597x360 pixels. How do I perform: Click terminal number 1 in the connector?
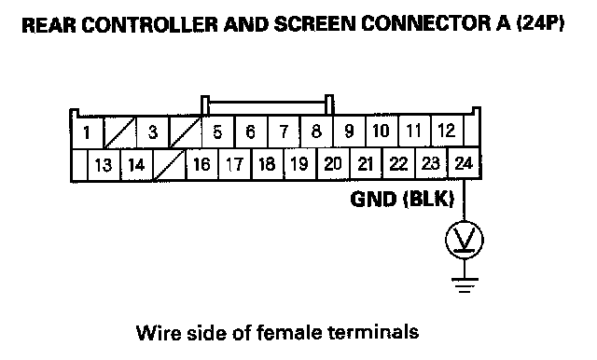click(87, 132)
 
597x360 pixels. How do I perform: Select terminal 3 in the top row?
click(152, 132)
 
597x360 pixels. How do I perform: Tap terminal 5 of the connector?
click(217, 132)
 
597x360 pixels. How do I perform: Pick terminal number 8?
click(316, 132)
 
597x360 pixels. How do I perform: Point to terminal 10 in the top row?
click(382, 132)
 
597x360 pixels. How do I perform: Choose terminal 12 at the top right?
click(447, 132)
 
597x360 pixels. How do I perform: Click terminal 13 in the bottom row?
click(104, 165)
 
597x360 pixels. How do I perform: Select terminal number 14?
click(136, 165)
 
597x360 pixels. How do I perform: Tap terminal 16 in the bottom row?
click(201, 164)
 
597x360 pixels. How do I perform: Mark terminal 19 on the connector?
click(299, 164)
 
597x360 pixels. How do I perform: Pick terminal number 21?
click(365, 163)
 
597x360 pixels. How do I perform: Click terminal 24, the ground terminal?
click(464, 163)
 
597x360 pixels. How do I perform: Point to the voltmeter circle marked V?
click(465, 240)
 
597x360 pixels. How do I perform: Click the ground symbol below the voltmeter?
click(465, 285)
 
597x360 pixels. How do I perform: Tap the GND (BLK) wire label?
click(402, 199)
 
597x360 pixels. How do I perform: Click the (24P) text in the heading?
click(540, 24)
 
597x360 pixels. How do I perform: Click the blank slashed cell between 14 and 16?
click(169, 165)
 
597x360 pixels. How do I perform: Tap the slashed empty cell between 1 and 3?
click(119, 132)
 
